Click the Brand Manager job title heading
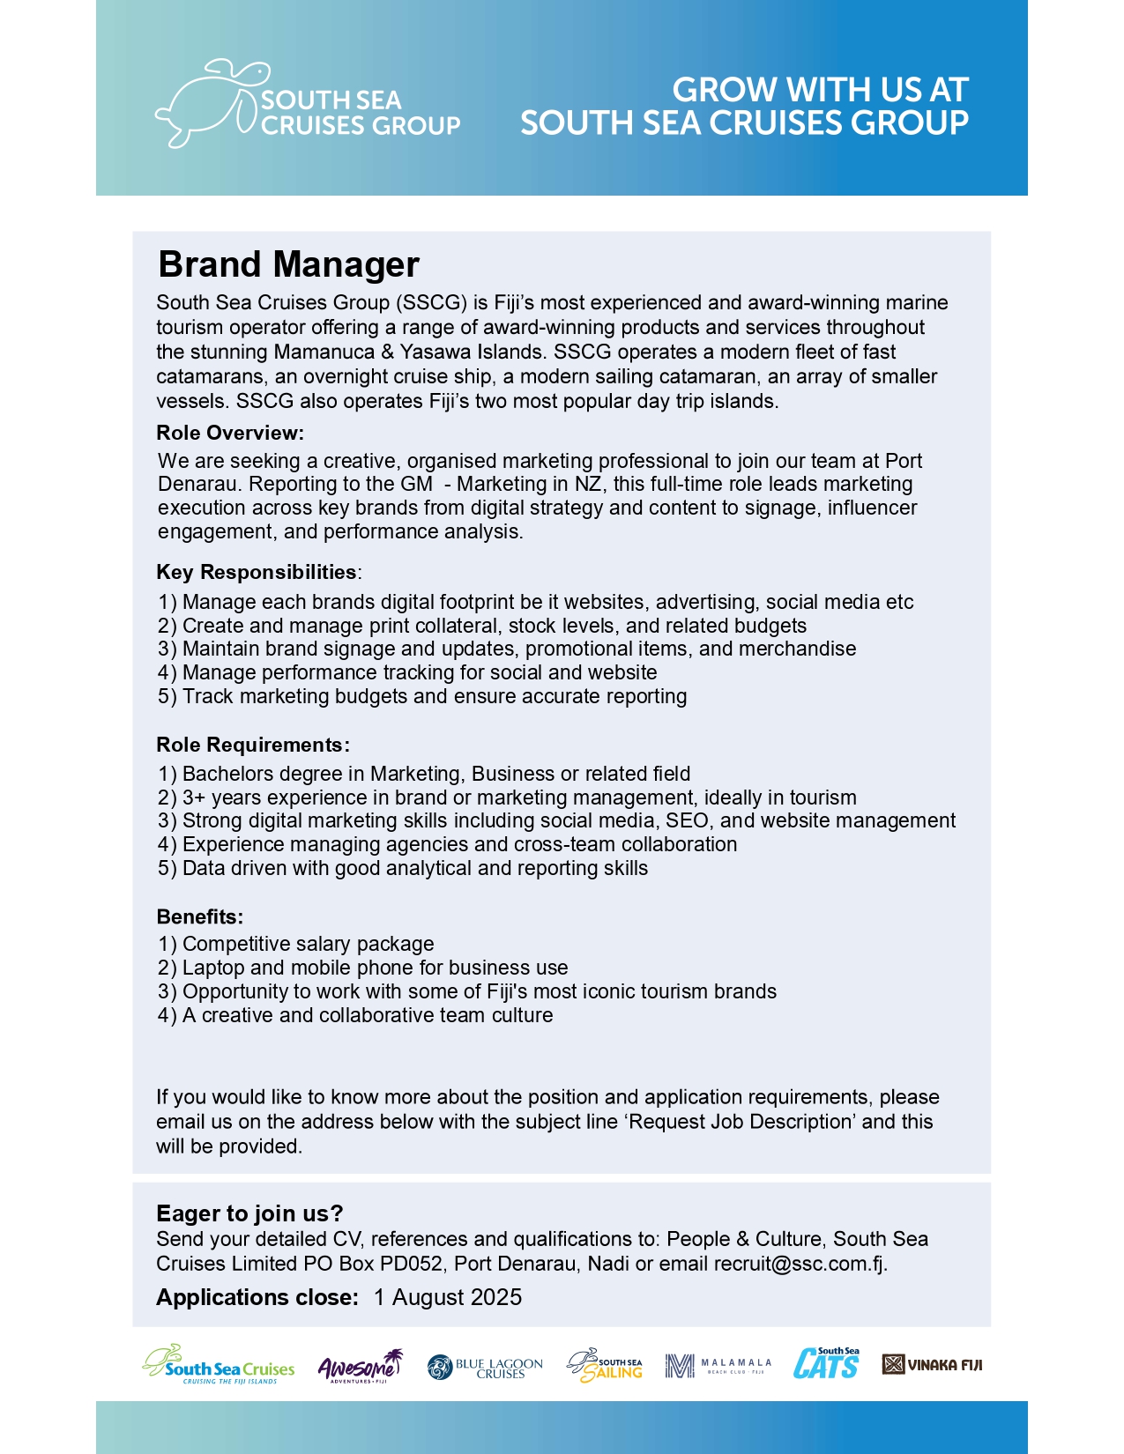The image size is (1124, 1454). pyautogui.click(x=288, y=264)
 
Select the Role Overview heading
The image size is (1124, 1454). pyautogui.click(x=230, y=433)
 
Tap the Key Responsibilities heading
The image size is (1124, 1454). pyautogui.click(x=257, y=572)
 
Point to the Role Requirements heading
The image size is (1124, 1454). pyautogui.click(x=253, y=745)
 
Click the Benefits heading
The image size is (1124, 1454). pyautogui.click(x=200, y=916)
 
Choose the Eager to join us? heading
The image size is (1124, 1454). pyautogui.click(x=249, y=1213)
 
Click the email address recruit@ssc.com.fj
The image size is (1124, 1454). pyautogui.click(x=799, y=1264)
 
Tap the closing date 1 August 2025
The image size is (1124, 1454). pyautogui.click(x=448, y=1297)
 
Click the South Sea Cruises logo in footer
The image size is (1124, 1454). pyautogui.click(x=219, y=1365)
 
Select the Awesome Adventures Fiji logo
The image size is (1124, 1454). pyautogui.click(x=360, y=1366)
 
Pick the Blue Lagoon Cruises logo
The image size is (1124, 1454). pyautogui.click(x=485, y=1367)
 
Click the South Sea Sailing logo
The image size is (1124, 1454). pyautogui.click(x=605, y=1366)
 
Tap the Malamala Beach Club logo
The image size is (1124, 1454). pyautogui.click(x=718, y=1366)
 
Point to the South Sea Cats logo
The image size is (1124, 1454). pyautogui.click(x=826, y=1364)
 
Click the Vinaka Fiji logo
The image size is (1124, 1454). pyautogui.click(x=932, y=1365)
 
